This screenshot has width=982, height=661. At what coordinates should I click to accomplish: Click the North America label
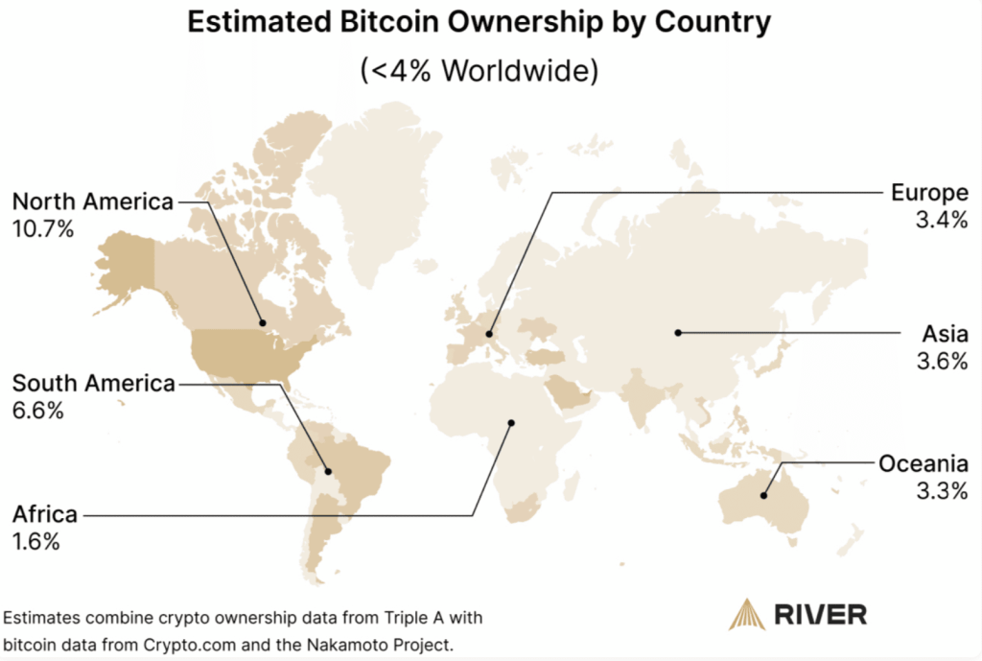click(x=93, y=202)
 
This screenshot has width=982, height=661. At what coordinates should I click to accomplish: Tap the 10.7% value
click(x=43, y=229)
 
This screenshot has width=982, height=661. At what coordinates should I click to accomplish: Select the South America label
click(x=94, y=384)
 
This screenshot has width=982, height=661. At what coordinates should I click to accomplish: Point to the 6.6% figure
click(x=37, y=411)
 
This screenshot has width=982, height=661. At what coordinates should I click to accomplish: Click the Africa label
click(x=44, y=514)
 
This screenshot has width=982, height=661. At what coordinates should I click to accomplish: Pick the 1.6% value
click(x=36, y=541)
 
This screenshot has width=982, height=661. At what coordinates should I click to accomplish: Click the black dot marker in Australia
click(x=763, y=496)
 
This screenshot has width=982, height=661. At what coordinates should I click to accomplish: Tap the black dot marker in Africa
click(x=512, y=422)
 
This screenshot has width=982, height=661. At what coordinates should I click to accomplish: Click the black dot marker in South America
click(x=328, y=471)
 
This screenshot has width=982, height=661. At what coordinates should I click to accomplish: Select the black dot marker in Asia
click(x=677, y=333)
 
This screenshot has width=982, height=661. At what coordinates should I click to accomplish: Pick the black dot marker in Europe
click(x=489, y=334)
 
